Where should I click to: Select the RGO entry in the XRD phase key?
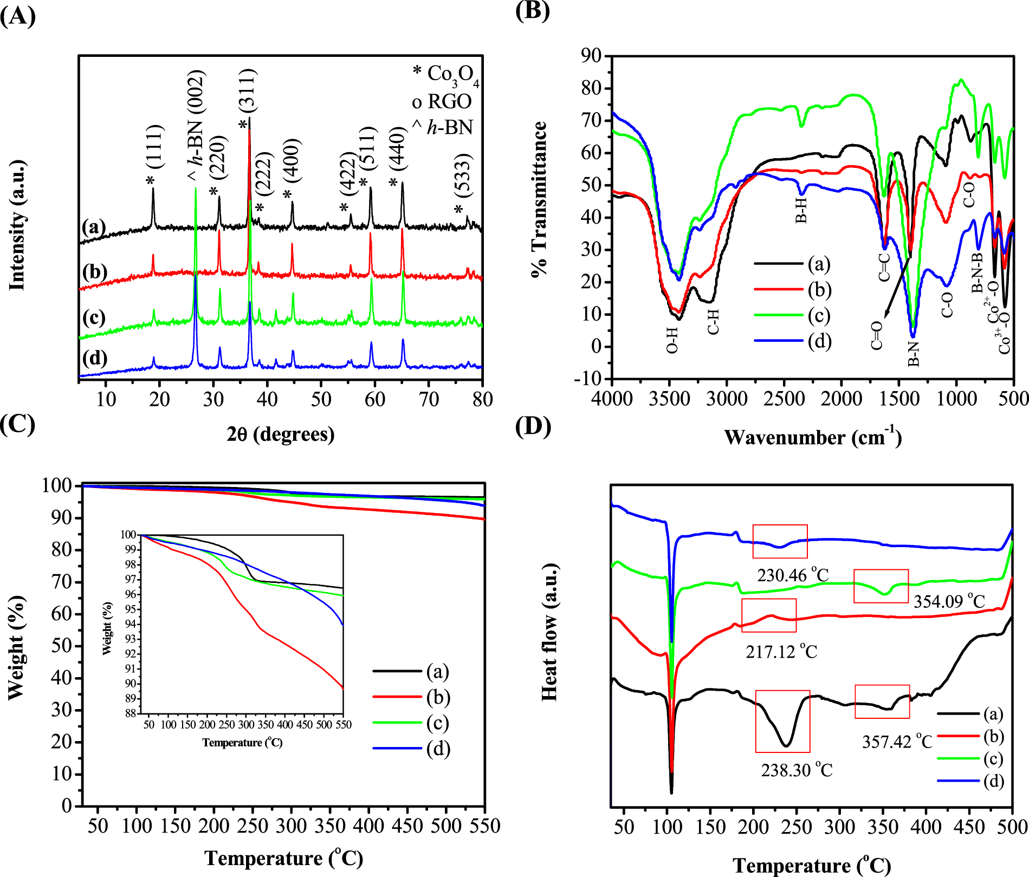click(x=442, y=101)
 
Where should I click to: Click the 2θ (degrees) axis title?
click(x=281, y=434)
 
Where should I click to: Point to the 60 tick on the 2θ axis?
click(x=374, y=400)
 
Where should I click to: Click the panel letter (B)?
click(x=533, y=11)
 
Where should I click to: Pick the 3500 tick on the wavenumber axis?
click(x=670, y=399)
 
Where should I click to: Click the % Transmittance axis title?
click(x=540, y=199)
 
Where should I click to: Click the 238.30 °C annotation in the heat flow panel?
click(x=797, y=770)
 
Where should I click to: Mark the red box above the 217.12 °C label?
click(x=769, y=615)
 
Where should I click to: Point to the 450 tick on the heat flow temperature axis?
click(x=969, y=827)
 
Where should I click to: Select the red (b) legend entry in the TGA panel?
click(x=411, y=697)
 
